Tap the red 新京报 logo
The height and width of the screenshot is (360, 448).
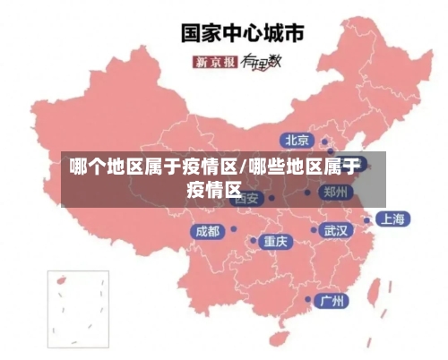(x=215, y=62)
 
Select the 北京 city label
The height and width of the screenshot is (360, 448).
(x=297, y=140)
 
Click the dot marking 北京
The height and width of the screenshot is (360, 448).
(x=324, y=141)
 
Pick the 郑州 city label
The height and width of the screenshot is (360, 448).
(x=337, y=192)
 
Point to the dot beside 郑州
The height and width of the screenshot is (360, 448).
(x=307, y=192)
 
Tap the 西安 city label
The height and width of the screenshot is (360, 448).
(x=248, y=198)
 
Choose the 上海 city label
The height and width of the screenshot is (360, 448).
(x=392, y=219)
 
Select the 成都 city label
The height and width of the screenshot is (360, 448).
(x=206, y=231)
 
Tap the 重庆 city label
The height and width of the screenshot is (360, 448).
(x=275, y=241)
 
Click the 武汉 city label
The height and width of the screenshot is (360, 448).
(x=338, y=231)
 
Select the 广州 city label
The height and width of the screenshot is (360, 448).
(x=334, y=300)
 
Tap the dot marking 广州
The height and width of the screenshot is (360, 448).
(x=308, y=300)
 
